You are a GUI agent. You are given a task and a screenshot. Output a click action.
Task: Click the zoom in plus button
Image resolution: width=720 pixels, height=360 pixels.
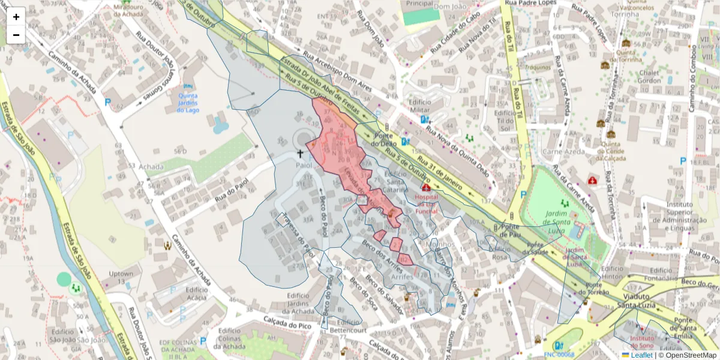click(16, 16)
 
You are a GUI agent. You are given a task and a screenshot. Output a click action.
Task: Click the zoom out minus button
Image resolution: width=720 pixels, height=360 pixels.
click(16, 35)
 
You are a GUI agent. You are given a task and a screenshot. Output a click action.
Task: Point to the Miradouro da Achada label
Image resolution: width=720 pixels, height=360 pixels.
click(128, 9)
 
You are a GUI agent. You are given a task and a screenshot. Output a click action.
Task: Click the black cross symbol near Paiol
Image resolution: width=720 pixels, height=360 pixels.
click(300, 154)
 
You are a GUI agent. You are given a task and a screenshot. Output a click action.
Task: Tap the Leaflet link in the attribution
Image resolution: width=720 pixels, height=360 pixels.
click(641, 355)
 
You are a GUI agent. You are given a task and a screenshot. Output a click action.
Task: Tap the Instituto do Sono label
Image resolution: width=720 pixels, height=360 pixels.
click(643, 343)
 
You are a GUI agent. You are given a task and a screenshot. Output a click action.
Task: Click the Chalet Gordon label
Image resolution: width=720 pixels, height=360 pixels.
click(649, 77)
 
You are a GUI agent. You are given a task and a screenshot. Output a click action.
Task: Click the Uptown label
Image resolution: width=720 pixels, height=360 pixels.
click(121, 278)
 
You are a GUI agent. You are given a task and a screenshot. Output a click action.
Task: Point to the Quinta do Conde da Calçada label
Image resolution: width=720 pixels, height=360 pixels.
click(613, 151)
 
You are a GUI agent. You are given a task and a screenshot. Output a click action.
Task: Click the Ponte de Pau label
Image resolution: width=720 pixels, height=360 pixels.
click(510, 230)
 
